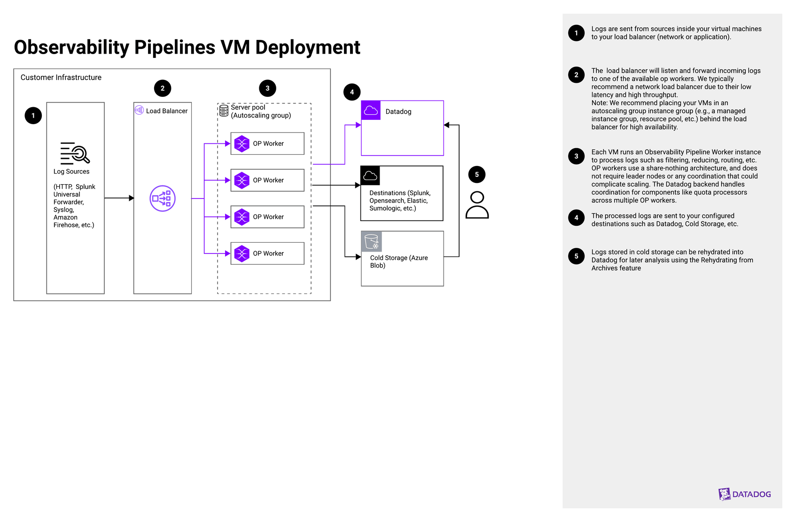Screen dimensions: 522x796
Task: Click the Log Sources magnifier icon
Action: [75, 153]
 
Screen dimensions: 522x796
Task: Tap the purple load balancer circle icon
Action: [163, 198]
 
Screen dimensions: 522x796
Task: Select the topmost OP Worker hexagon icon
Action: [242, 143]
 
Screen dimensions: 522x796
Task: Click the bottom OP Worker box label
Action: [268, 253]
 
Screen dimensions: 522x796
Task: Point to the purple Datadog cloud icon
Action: [371, 111]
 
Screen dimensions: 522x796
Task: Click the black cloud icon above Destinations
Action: [370, 175]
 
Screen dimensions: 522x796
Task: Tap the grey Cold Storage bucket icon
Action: [371, 241]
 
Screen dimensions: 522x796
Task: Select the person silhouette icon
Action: [477, 205]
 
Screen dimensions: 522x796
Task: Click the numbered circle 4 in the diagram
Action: [352, 92]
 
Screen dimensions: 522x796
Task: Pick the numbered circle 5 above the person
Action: [476, 174]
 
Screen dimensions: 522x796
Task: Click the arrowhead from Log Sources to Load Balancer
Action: [132, 198]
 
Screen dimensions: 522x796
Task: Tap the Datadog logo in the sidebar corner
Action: [744, 494]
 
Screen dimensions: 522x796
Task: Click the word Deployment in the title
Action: [307, 47]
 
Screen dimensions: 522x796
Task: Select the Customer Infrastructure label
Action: [61, 78]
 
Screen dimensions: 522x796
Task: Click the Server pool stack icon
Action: [224, 111]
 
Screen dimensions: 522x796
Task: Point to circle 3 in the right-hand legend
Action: [576, 156]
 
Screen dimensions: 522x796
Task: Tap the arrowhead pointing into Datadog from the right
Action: [447, 125]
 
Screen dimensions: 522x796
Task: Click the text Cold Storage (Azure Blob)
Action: [398, 261]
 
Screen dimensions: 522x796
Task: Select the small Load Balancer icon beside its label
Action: [139, 111]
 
